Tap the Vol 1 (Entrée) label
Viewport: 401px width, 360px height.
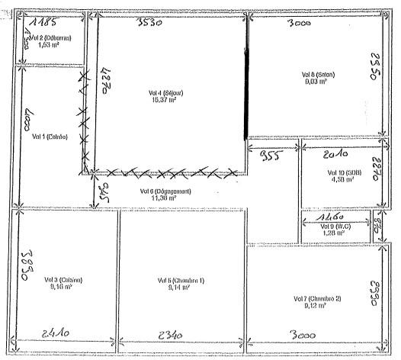(x=50, y=137)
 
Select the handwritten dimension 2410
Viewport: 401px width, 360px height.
(x=58, y=333)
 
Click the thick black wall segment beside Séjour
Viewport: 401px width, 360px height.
(x=245, y=93)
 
